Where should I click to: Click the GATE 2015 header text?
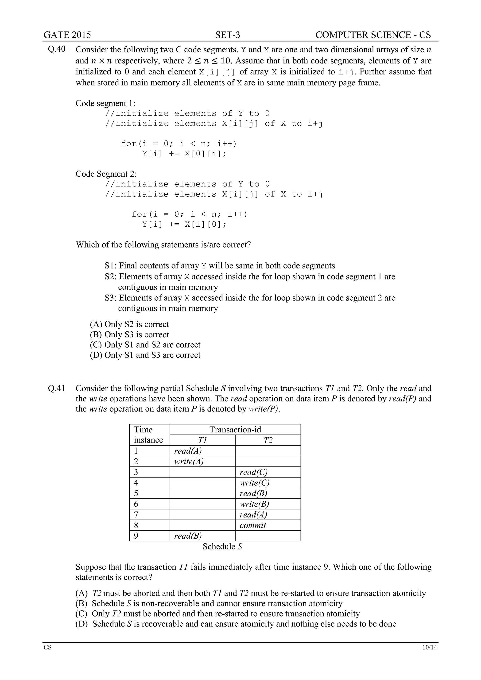pos(67,35)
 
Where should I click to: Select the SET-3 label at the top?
pos(228,35)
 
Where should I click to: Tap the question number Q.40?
pos(57,49)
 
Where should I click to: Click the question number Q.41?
pos(57,388)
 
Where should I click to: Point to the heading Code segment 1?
pos(105,103)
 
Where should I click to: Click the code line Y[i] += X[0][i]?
pos(184,154)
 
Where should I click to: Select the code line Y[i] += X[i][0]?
pos(184,224)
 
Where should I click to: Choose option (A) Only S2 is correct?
pos(129,324)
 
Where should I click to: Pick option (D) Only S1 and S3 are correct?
pos(145,355)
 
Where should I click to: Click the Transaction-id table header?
pos(235,429)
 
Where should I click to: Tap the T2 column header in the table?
pos(268,440)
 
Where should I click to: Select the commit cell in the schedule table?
pos(253,525)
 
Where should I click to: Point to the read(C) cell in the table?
pos(253,472)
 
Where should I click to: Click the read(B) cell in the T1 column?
pos(188,536)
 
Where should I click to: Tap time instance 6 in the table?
pos(136,504)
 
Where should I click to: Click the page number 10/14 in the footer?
pos(430,647)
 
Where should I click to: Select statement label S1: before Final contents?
pos(111,266)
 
